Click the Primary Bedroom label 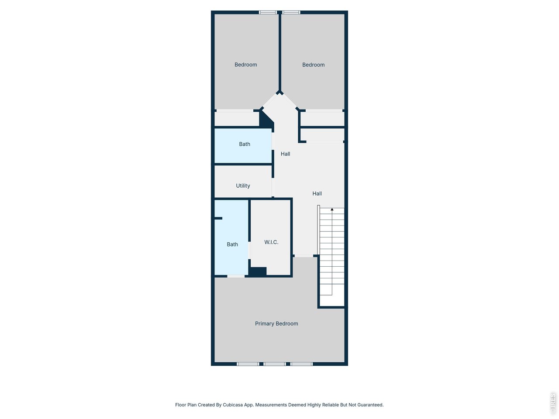point(276,323)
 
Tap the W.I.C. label point(271,242)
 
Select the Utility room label point(243,185)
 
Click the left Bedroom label point(245,65)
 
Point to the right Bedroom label point(313,65)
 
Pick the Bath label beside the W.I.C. point(232,244)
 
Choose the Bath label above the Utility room point(245,144)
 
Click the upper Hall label point(285,154)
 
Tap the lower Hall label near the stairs point(317,193)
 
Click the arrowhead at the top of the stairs point(332,210)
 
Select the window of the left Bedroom point(268,12)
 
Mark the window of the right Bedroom point(291,12)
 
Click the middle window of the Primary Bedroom point(275,364)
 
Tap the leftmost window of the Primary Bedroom point(248,364)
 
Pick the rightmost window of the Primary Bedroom point(302,364)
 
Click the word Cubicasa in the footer point(233,405)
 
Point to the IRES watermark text point(553,403)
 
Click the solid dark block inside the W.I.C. point(258,271)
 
